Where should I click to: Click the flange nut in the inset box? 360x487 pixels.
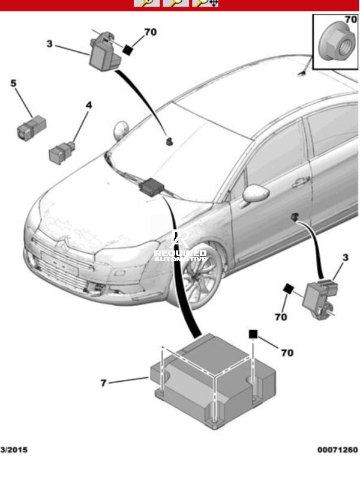click(337, 43)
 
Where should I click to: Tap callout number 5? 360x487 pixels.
click(13, 83)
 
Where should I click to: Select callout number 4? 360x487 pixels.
click(89, 105)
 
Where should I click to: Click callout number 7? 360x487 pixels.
click(104, 383)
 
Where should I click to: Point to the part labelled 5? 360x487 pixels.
click(31, 128)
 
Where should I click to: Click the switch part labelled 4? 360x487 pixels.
click(62, 152)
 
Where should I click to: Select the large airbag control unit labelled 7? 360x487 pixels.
click(213, 381)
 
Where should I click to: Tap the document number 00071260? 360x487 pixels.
click(337, 450)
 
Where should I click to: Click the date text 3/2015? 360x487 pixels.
click(14, 450)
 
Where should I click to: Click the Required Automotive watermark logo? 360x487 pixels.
click(181, 246)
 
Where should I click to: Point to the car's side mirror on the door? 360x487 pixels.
click(256, 193)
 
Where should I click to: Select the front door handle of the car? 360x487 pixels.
click(301, 182)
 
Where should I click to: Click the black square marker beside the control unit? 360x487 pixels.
click(253, 334)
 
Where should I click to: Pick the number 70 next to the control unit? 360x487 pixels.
click(287, 353)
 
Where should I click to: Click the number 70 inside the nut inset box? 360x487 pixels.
click(350, 20)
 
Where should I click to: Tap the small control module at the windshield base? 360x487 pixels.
click(151, 187)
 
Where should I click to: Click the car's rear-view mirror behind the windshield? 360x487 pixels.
click(169, 142)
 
